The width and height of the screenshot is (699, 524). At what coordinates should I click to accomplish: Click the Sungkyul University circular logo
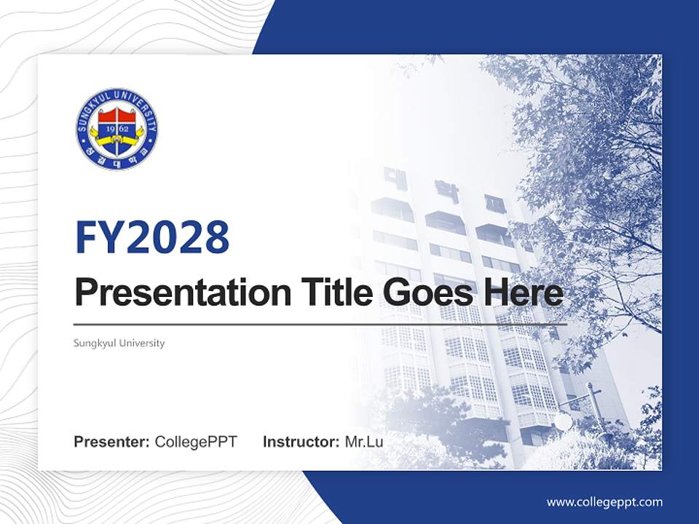(116, 129)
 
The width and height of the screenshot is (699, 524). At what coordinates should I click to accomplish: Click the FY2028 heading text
(152, 237)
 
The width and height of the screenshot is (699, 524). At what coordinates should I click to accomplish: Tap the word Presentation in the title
(172, 293)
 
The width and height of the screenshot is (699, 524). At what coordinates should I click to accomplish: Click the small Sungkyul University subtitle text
(119, 343)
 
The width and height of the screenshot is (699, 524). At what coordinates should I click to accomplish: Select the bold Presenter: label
(112, 442)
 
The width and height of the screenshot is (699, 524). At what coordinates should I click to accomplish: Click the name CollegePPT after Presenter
(196, 442)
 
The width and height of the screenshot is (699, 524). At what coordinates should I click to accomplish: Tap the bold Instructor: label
(301, 442)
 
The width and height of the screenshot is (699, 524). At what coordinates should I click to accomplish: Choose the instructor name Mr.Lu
(364, 442)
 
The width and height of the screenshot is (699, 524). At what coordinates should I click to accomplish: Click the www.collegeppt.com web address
(604, 502)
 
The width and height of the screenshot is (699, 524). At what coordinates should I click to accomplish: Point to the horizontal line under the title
(320, 324)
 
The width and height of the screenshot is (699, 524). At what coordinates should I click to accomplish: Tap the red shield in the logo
(116, 116)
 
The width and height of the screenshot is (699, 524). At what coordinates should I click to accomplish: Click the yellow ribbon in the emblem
(116, 138)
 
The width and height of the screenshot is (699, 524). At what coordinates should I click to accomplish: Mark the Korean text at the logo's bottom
(116, 160)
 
